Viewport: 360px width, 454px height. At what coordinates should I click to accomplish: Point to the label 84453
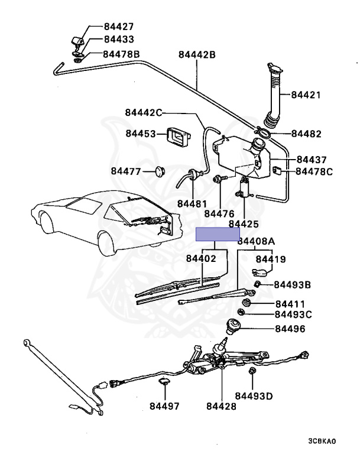click(x=141, y=134)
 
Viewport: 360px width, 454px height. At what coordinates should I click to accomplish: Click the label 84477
click(x=126, y=171)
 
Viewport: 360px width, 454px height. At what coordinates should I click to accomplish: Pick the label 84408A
click(x=257, y=241)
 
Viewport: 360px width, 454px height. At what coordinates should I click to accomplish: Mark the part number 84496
click(x=289, y=328)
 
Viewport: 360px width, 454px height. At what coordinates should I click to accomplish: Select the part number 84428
click(x=221, y=407)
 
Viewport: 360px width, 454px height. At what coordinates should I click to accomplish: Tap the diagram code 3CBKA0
click(x=322, y=442)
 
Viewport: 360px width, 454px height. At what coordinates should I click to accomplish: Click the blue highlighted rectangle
click(x=218, y=234)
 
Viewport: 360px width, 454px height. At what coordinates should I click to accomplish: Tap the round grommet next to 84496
click(x=237, y=325)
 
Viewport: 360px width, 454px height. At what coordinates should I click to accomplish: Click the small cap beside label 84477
click(x=158, y=171)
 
